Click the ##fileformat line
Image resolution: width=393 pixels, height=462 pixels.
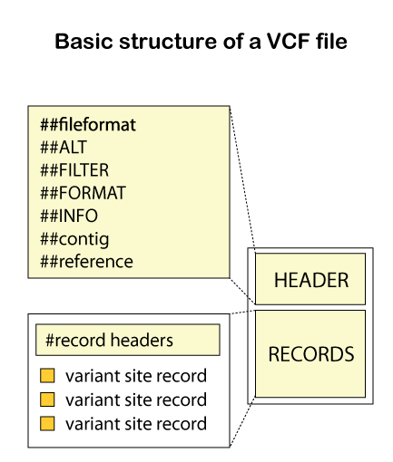(x=87, y=124)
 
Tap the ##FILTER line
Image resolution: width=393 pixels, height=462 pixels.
(x=74, y=169)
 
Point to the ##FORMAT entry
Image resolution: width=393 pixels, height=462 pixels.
(x=83, y=193)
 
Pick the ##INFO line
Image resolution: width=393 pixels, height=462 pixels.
(x=68, y=216)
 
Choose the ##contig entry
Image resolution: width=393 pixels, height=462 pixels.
(x=74, y=239)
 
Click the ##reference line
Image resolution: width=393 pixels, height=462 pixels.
(x=86, y=262)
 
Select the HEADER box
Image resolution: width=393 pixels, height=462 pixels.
(x=310, y=280)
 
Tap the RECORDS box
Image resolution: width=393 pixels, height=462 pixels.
(x=310, y=353)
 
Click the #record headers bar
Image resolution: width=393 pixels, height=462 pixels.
(x=128, y=341)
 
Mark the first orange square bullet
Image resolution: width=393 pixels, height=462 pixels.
(x=48, y=376)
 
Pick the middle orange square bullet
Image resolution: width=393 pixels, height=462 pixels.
(x=48, y=399)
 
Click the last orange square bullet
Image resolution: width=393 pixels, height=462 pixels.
(x=48, y=423)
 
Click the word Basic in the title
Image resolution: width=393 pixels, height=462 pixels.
(x=80, y=42)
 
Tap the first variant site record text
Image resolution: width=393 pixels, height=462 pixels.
(x=136, y=376)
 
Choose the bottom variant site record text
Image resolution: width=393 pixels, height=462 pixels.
(x=136, y=423)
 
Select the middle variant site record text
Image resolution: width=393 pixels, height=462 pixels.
(x=136, y=399)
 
